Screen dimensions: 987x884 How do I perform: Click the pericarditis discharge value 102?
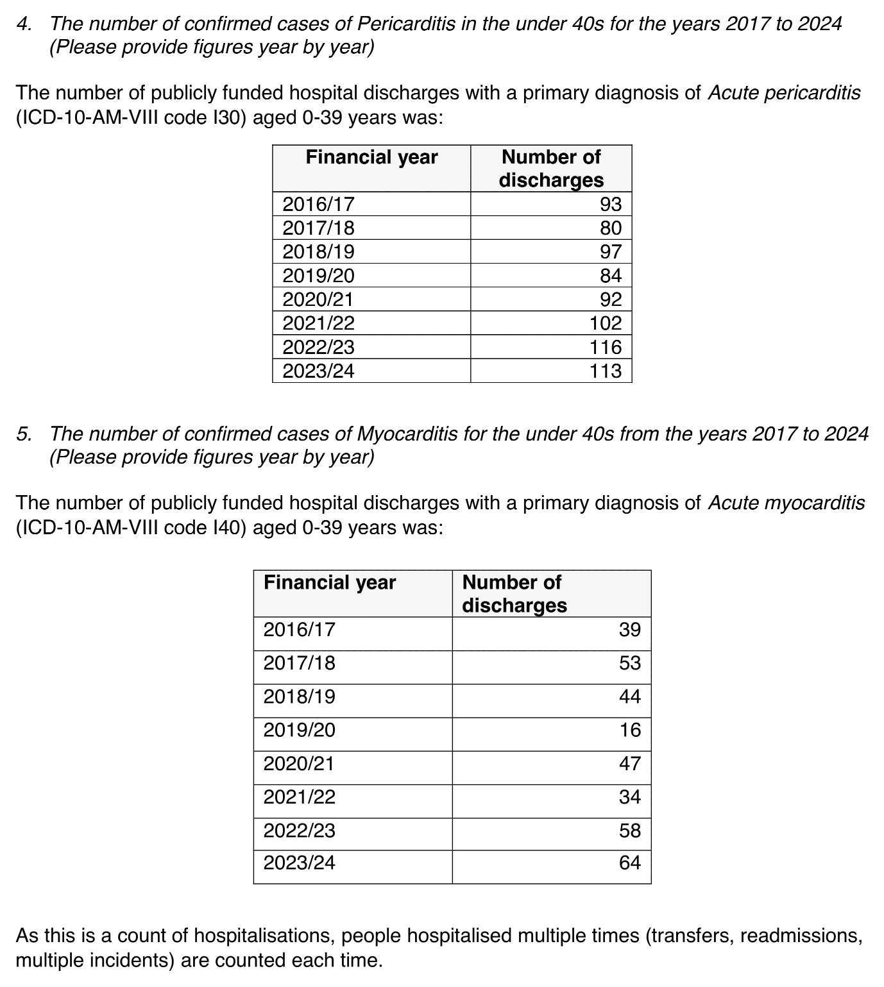click(x=606, y=323)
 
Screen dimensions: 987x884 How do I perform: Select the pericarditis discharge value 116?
click(x=606, y=347)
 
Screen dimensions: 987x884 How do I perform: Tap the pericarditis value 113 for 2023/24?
click(x=606, y=371)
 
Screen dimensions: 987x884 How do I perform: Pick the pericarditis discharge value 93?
click(x=611, y=204)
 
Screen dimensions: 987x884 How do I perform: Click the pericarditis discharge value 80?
click(x=611, y=228)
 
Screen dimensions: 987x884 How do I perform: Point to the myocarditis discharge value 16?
click(x=630, y=730)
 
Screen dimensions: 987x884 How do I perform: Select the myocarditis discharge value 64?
click(x=630, y=863)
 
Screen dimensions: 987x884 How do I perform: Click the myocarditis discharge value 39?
click(x=630, y=629)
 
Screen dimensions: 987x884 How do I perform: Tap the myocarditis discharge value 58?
click(x=630, y=831)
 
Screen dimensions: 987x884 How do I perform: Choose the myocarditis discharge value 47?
click(x=630, y=763)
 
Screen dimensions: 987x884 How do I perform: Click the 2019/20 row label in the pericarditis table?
click(x=318, y=276)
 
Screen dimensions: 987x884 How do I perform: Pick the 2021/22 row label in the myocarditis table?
click(x=299, y=797)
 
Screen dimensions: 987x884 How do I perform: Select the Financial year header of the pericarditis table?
click(x=371, y=157)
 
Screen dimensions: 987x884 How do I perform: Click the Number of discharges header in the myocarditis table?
click(x=514, y=593)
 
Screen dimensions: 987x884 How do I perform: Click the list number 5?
click(x=24, y=434)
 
